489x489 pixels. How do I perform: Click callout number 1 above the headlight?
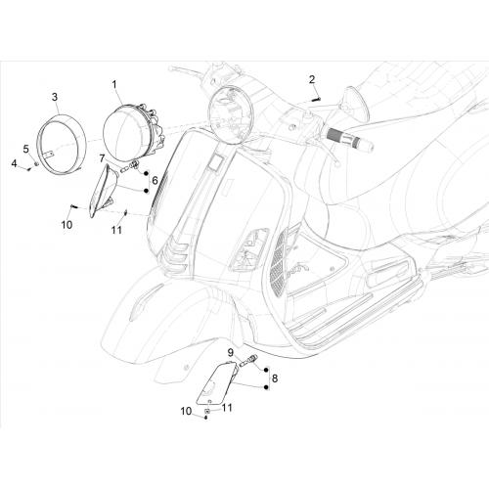pos(114,85)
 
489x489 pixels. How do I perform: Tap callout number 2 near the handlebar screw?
pos(312,79)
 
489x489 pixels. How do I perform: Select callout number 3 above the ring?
pos(55,97)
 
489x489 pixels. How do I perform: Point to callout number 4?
pos(14,163)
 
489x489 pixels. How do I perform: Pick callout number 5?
pos(25,149)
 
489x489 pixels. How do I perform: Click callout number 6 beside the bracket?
pos(155,180)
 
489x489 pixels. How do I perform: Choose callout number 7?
pos(102,159)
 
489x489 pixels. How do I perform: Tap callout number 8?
pos(275,378)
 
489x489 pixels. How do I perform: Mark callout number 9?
pos(231,352)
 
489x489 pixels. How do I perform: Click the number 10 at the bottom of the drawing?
pos(186,412)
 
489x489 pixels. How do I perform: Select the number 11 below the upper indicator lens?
pos(116,230)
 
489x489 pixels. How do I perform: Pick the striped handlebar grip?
pos(348,138)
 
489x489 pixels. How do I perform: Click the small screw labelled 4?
pos(29,169)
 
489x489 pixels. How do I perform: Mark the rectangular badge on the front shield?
pos(216,162)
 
